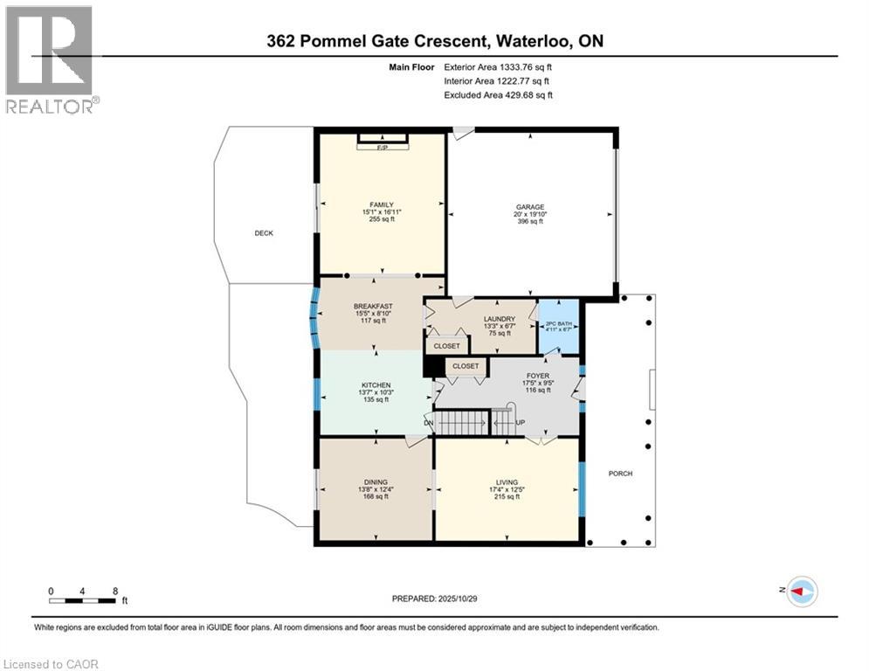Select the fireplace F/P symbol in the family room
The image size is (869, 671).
click(x=382, y=146)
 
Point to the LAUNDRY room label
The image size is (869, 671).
click(x=500, y=319)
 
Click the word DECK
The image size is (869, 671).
click(x=264, y=233)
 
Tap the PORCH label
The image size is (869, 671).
click(x=620, y=474)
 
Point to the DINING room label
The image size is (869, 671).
click(x=376, y=481)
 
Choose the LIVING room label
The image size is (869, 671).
click(x=507, y=482)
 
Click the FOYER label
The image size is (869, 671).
click(x=538, y=376)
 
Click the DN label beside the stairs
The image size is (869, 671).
click(x=429, y=423)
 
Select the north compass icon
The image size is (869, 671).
click(x=801, y=591)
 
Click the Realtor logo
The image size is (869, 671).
click(x=50, y=60)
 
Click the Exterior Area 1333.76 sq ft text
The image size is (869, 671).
click(x=498, y=66)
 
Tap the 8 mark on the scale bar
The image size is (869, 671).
click(x=114, y=591)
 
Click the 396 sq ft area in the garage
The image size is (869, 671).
click(x=528, y=222)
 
